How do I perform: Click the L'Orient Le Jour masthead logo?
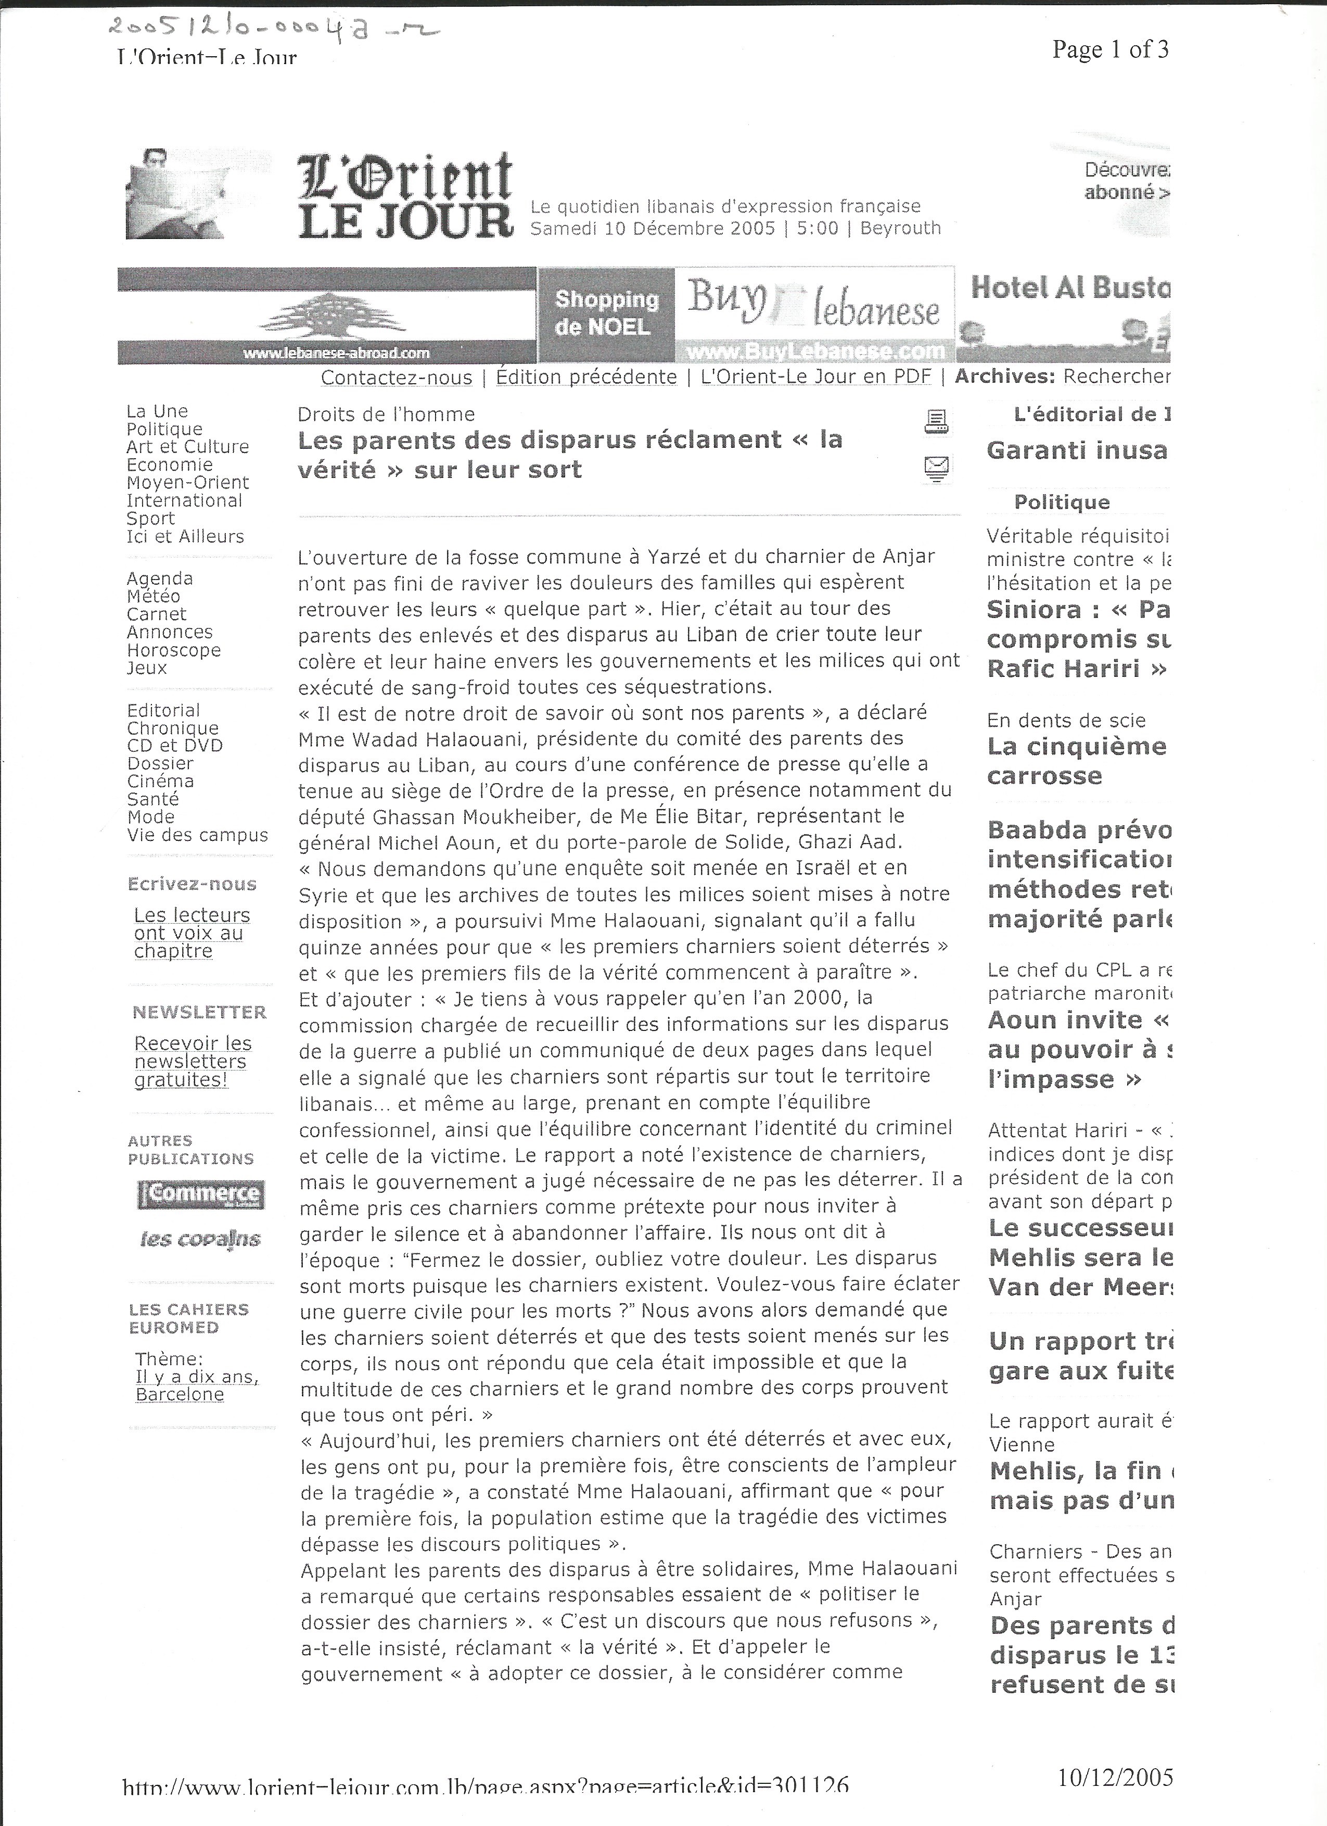[x=405, y=196]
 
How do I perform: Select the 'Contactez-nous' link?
[x=396, y=377]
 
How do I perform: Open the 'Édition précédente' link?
[x=586, y=377]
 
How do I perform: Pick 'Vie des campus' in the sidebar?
[x=197, y=835]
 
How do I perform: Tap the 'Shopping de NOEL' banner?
[x=607, y=313]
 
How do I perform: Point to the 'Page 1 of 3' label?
[x=1109, y=50]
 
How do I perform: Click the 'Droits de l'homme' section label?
[x=386, y=414]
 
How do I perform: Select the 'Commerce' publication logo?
[x=200, y=1194]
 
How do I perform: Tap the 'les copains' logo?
[x=200, y=1239]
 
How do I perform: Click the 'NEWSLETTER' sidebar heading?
[x=199, y=1012]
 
